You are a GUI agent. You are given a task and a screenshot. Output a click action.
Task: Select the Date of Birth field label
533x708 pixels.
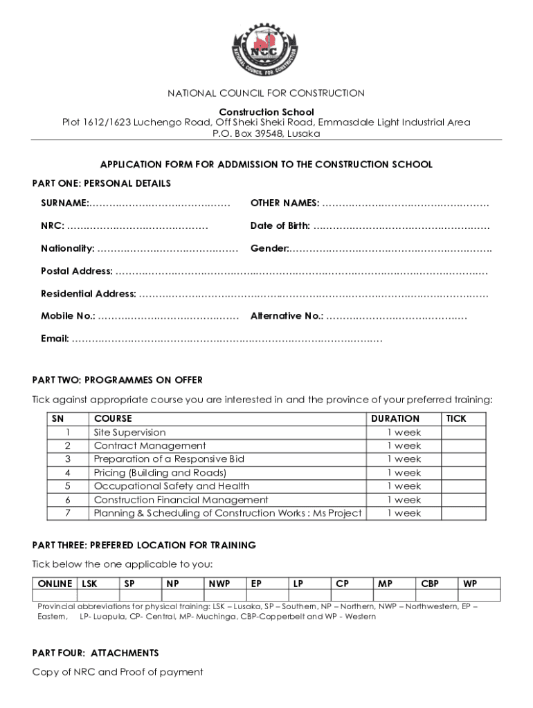pyautogui.click(x=280, y=226)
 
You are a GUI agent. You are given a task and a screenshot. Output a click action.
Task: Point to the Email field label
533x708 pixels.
pyautogui.click(x=55, y=339)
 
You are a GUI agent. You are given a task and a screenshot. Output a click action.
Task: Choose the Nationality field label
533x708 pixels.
pyautogui.click(x=68, y=249)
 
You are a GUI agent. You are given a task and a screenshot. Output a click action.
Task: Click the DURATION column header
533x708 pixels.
pyautogui.click(x=395, y=419)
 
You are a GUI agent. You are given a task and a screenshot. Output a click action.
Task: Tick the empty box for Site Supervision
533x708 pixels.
pyautogui.click(x=464, y=433)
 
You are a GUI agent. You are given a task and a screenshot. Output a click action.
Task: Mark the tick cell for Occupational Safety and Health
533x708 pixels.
pyautogui.click(x=464, y=486)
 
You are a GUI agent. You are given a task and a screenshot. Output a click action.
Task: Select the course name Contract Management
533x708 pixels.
pyautogui.click(x=150, y=446)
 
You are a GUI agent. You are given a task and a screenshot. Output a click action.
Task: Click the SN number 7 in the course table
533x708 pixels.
pyautogui.click(x=68, y=513)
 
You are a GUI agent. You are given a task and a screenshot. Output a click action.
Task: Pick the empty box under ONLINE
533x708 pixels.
pyautogui.click(x=55, y=595)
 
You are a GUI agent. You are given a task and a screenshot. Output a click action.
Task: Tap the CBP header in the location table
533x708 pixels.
pyautogui.click(x=430, y=584)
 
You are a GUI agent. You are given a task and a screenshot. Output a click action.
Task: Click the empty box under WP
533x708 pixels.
pyautogui.click(x=470, y=595)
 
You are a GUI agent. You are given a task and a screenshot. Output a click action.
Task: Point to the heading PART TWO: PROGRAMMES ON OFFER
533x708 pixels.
pyautogui.click(x=118, y=380)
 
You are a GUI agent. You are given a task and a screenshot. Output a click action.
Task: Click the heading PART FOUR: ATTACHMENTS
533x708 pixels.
pyautogui.click(x=96, y=653)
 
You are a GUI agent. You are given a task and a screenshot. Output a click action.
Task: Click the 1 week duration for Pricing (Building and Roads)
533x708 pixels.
pyautogui.click(x=404, y=473)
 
